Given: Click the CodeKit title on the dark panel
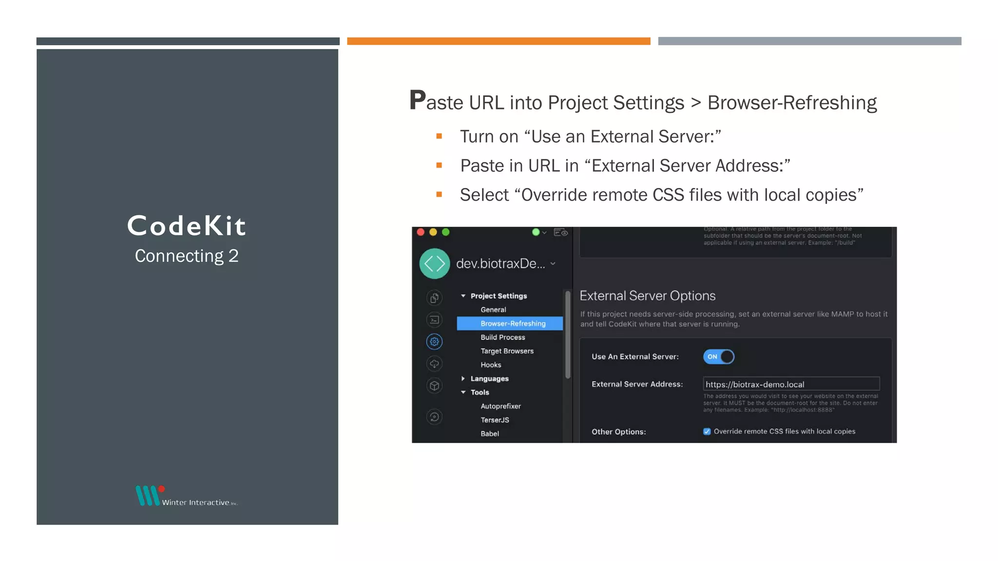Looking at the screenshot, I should coord(187,226).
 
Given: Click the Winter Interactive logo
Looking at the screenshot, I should coord(187,496).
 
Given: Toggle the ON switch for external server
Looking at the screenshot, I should coord(718,356).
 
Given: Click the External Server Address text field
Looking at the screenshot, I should coord(791,384).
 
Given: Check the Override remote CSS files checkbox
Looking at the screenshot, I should coord(707,431).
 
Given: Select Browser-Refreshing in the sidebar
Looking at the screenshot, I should coord(513,323).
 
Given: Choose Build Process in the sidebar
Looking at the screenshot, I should coord(502,337).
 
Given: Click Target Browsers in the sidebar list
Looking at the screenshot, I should coord(507,351).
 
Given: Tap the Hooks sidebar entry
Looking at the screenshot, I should coord(490,365).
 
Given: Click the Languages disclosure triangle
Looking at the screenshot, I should coord(463,378).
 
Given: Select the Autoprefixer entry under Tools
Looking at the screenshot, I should coord(500,406).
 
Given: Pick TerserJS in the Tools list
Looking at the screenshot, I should coord(495,420).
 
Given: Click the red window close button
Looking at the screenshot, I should coord(421,232).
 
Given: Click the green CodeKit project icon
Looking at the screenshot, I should coord(434,263).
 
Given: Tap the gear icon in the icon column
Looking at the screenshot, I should coord(434,341).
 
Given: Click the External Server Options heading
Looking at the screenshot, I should coord(647,296).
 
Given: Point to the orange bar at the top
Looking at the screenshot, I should coord(499,41).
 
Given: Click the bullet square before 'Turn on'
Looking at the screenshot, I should coord(439,136).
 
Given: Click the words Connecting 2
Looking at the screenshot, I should coord(187,256).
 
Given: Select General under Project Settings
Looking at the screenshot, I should coord(493,310).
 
